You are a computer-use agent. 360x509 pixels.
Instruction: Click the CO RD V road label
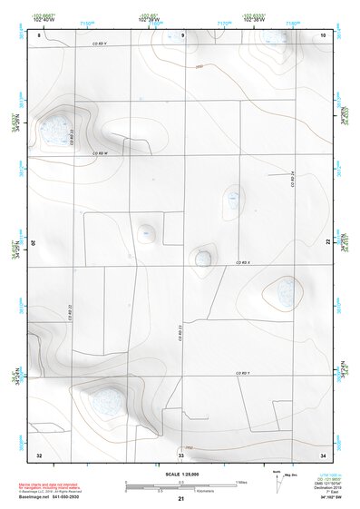(99, 42)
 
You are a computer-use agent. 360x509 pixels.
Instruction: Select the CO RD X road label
(242, 262)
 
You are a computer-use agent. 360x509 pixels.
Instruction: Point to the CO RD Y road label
(242, 374)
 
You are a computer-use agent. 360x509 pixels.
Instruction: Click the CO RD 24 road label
(292, 180)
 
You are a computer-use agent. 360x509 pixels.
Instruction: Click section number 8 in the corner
(40, 34)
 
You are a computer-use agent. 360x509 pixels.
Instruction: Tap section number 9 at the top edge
(182, 34)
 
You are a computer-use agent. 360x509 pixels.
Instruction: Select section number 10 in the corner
(324, 34)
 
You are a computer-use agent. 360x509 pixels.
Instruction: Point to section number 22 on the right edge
(329, 242)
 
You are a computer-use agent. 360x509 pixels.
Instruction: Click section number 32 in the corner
(39, 452)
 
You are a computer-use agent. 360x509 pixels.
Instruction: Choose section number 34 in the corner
(324, 452)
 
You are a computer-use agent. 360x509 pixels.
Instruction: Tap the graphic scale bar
(181, 488)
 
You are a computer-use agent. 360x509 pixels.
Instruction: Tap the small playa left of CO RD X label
(203, 259)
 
